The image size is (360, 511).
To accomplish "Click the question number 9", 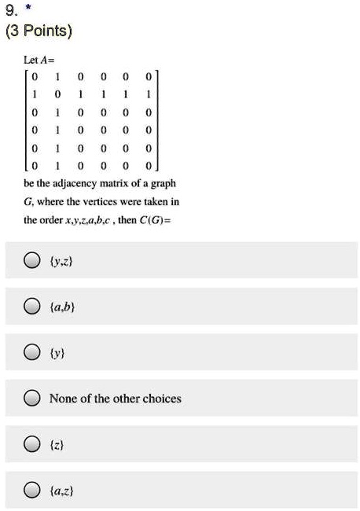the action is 8,11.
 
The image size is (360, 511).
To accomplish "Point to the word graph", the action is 166,182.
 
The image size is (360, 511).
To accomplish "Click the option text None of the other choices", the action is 115,399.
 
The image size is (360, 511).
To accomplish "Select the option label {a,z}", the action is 61,491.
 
